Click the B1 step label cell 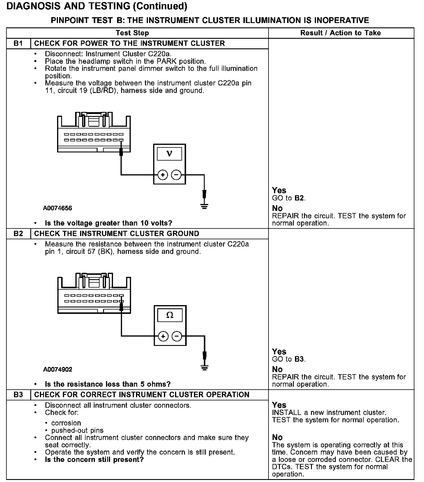click(18, 43)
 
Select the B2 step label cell click(18, 233)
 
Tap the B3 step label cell click(18, 395)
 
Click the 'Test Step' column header click(132, 33)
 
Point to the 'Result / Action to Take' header click(340, 33)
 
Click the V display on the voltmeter click(169, 154)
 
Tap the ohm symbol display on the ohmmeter click(170, 315)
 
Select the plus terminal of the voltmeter click(163, 175)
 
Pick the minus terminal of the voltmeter click(176, 175)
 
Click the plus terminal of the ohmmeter click(163, 336)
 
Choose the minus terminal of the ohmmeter click(177, 336)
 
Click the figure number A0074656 click(57, 208)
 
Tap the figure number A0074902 click(58, 369)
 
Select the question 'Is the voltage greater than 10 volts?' click(108, 223)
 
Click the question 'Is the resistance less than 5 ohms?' click(107, 384)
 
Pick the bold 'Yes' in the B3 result click(279, 405)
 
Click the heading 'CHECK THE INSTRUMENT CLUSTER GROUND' click(116, 233)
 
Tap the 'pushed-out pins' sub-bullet click(77, 430)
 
